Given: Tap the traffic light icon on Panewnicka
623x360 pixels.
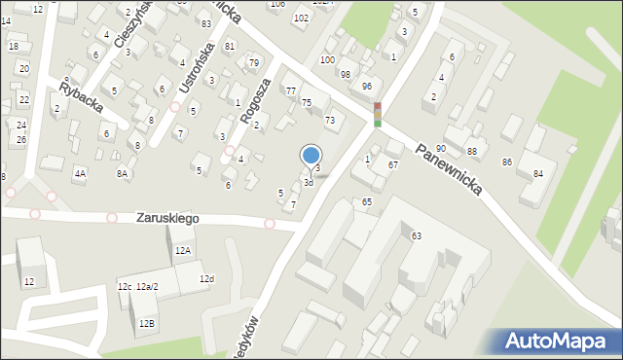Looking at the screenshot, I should pyautogui.click(x=378, y=115).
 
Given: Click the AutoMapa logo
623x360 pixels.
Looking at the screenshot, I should pyautogui.click(x=557, y=341).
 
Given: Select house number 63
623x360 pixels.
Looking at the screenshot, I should pyautogui.click(x=417, y=236).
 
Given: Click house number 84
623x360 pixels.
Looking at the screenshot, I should pyautogui.click(x=538, y=174).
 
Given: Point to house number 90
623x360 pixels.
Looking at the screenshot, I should pyautogui.click(x=441, y=148).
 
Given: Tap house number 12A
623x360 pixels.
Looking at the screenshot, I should pyautogui.click(x=183, y=250).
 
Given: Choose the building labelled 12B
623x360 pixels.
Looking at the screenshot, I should pyautogui.click(x=146, y=323).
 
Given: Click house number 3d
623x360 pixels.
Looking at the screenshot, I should pyautogui.click(x=308, y=182).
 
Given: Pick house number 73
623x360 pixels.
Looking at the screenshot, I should pyautogui.click(x=330, y=121).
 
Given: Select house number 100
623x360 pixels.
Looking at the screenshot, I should pyautogui.click(x=327, y=60).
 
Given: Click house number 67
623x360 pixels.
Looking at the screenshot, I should pyautogui.click(x=392, y=165).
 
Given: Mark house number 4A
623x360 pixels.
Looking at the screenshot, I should pyautogui.click(x=80, y=174).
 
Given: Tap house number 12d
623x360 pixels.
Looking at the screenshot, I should pyautogui.click(x=206, y=279).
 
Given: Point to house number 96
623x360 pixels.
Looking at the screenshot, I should pyautogui.click(x=366, y=87).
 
